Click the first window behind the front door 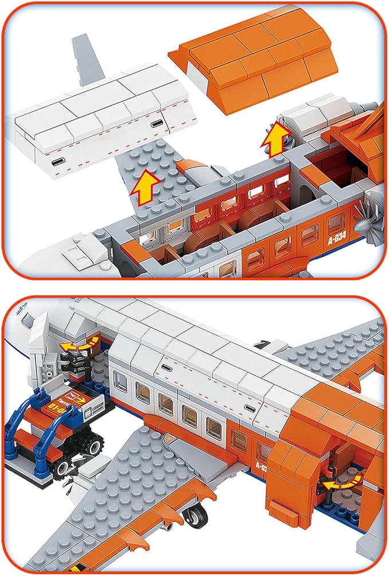[x=121, y=382]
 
